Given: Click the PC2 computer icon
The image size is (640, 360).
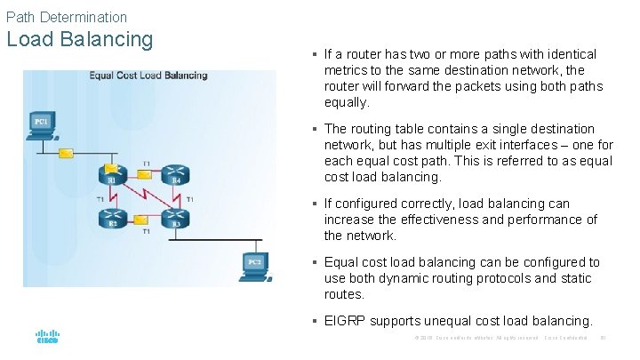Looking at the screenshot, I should coord(254,264).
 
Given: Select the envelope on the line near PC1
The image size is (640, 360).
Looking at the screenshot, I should coord(66,153).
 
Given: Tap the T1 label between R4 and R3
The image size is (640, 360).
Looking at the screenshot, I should coord(190,198).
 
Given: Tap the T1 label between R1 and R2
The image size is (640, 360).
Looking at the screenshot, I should coord(100,198).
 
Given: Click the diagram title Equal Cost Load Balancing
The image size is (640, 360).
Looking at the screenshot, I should coord(148,76).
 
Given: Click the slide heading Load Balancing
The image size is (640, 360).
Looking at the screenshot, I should coord(79,40).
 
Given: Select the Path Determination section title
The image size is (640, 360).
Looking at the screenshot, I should coord(66,16).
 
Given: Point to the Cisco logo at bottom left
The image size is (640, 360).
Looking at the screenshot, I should coord(47,337).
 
